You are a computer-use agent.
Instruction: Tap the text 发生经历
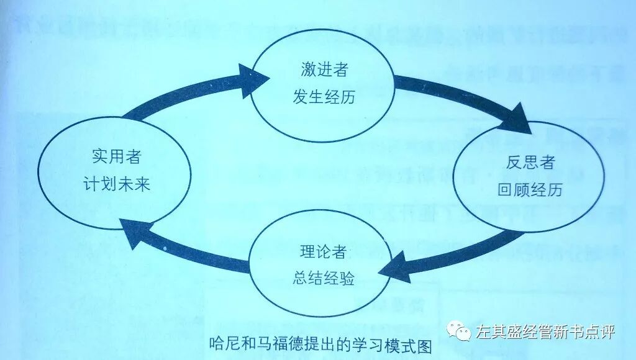pos(322,97)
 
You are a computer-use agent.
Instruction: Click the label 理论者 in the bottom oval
pos(322,252)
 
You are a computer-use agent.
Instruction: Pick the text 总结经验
pos(322,279)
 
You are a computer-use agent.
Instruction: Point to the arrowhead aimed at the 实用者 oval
pos(135,234)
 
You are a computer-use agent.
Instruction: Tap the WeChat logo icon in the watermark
pos(461,331)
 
